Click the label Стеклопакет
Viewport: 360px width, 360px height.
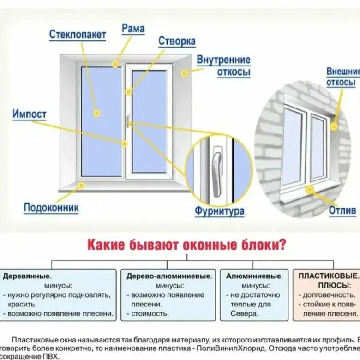[78, 35]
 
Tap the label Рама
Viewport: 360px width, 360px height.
[133, 28]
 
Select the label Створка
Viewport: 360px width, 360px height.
[177, 41]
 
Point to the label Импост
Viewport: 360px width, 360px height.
[30, 114]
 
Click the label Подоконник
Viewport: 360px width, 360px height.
[51, 208]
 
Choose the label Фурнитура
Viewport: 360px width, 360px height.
[219, 212]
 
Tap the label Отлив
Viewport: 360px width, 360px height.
[342, 211]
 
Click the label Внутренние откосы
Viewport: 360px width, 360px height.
[224, 66]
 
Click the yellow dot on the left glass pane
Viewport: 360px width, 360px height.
[96, 113]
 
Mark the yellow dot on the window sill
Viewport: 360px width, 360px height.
[81, 186]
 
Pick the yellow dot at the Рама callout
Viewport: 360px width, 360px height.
[115, 65]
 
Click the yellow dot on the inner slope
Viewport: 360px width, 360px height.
[184, 73]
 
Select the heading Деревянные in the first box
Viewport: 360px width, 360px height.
[26, 276]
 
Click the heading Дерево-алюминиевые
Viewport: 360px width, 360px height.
[169, 276]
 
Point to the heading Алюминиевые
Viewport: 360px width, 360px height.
[254, 276]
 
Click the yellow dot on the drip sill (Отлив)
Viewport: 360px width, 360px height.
[309, 189]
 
